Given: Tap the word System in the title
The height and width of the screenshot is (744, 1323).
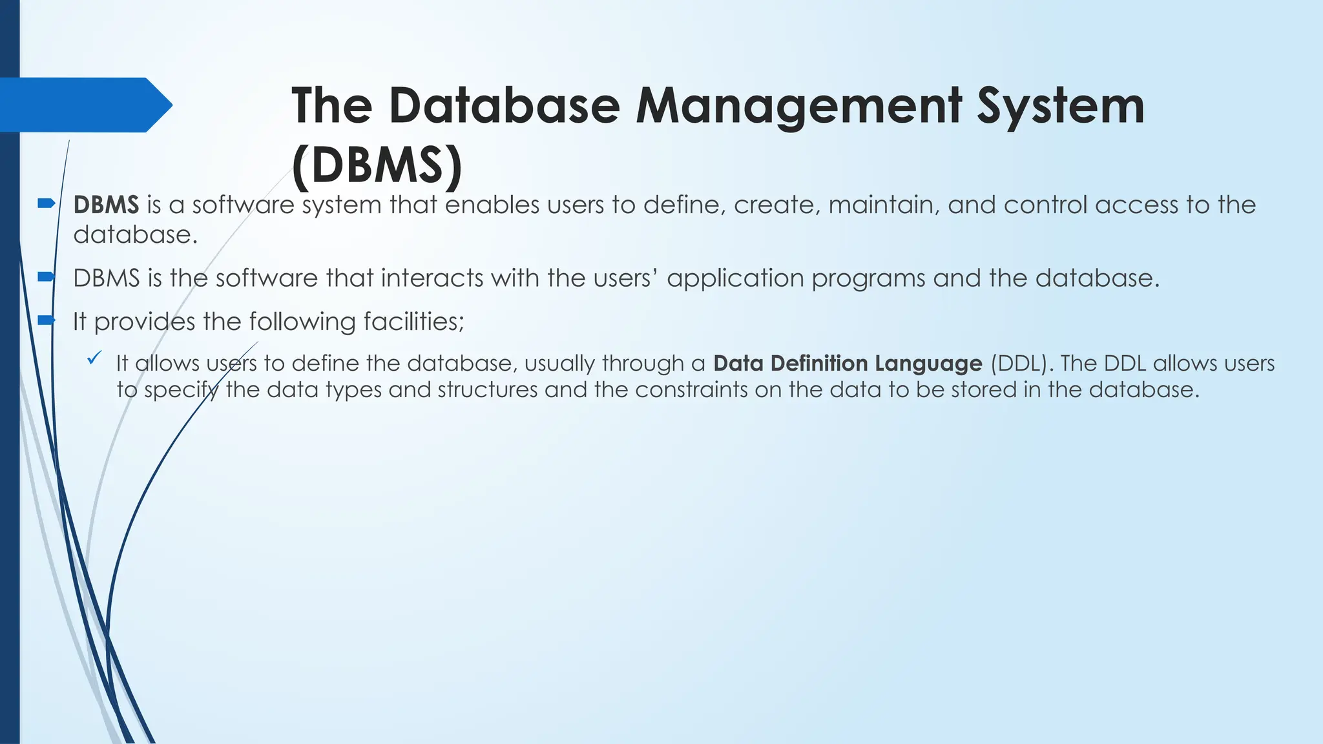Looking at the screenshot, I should pyautogui.click(x=1060, y=107).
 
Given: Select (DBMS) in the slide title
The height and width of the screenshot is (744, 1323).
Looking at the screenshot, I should pyautogui.click(x=377, y=165).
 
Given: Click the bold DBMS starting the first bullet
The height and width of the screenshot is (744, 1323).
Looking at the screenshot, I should pyautogui.click(x=106, y=205).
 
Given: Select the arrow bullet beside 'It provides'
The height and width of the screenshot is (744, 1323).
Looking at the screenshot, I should pyautogui.click(x=47, y=320).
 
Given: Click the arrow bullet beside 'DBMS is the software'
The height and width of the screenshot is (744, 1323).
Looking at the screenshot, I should pyautogui.click(x=47, y=276).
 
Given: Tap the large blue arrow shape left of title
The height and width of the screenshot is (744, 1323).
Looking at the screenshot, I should pyautogui.click(x=84, y=105).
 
